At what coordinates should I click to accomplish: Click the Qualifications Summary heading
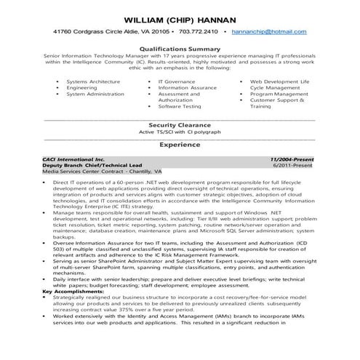(x=180, y=48)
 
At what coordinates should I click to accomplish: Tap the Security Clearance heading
(x=180, y=125)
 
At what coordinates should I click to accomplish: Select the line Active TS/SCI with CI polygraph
(x=180, y=133)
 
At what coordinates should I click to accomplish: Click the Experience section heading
(x=180, y=145)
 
